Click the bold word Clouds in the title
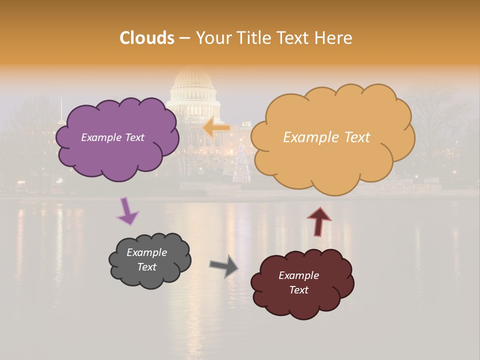pos(147,37)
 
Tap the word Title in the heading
pos(254,37)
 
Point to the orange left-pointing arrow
pos(216,128)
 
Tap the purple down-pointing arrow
pos(127,211)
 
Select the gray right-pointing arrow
pos(224,265)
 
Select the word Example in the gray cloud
pos(146,252)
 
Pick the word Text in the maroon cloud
pos(299,290)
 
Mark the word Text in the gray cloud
pos(146,267)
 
